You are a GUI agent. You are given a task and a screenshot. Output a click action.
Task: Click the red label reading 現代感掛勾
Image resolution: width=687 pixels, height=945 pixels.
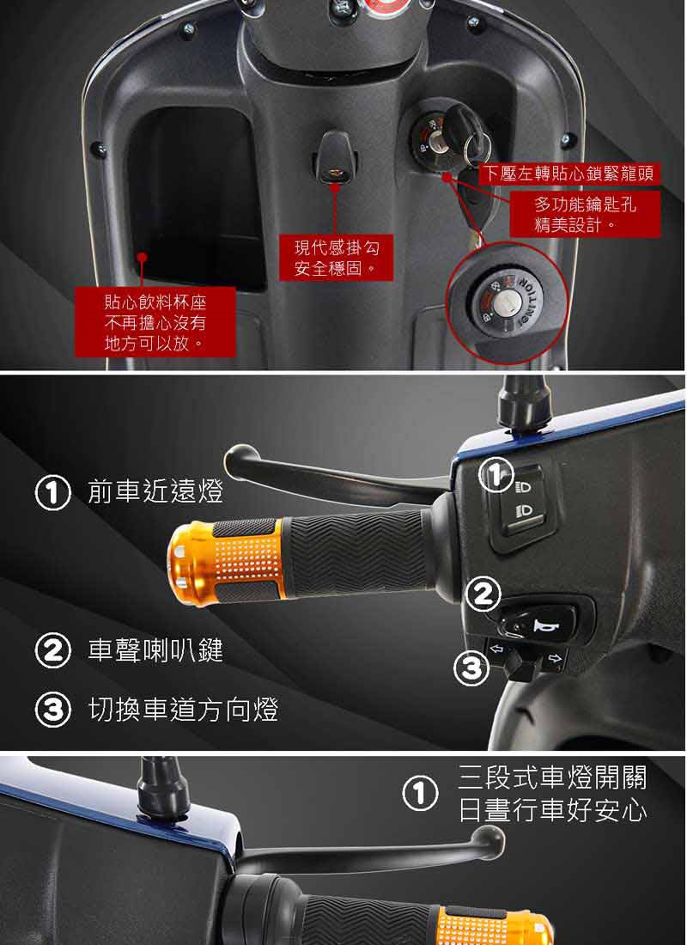[337, 258]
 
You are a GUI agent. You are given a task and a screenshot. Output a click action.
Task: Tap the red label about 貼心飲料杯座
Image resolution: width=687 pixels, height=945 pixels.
[155, 322]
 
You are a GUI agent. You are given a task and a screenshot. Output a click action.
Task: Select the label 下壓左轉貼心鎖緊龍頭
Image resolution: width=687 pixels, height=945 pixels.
[569, 174]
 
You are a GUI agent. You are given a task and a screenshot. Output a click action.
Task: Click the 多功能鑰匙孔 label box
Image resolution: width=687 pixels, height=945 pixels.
[585, 215]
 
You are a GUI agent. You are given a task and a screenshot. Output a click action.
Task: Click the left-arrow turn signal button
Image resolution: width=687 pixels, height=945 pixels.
[498, 649]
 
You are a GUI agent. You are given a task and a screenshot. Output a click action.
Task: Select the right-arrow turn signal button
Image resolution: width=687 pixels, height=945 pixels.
[555, 658]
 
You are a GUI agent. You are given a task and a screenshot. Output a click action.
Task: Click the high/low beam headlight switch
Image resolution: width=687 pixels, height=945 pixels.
[521, 503]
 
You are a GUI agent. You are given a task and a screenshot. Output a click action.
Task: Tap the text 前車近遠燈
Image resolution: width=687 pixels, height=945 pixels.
[155, 491]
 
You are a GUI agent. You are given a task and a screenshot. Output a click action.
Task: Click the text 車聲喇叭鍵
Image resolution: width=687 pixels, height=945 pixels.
[155, 651]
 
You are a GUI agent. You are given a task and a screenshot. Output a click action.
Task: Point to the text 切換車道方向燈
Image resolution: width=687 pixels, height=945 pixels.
[183, 710]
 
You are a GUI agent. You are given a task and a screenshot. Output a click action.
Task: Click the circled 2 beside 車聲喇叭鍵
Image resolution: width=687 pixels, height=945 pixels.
[53, 651]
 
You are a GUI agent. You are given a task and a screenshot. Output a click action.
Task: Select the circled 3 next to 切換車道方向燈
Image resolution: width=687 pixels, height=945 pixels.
[53, 710]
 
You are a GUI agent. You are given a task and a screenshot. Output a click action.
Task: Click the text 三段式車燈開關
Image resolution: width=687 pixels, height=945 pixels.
[553, 778]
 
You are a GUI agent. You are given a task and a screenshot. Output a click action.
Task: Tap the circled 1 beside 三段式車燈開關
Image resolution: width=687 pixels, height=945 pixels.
[420, 795]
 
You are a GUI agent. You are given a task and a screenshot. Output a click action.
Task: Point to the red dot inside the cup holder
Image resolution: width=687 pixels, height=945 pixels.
[142, 257]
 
